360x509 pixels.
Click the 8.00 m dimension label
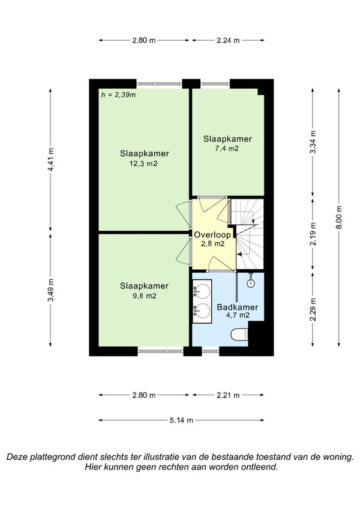point(339,217)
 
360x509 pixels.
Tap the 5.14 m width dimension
point(181,420)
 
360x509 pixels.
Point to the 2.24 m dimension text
point(228,40)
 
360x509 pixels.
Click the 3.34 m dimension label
point(313,142)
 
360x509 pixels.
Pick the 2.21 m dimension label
point(228,395)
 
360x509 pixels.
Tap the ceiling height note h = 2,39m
point(119,95)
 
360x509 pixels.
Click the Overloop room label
point(212,234)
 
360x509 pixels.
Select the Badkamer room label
point(238,307)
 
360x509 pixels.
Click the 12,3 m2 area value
point(143,164)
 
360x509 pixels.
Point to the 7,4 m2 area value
point(228,148)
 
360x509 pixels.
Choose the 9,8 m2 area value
point(145,296)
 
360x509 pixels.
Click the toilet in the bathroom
point(239,335)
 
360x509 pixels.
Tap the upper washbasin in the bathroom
point(202,291)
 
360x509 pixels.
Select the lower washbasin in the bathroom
point(202,311)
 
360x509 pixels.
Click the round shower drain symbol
point(251,284)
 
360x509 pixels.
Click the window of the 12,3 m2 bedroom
point(159,84)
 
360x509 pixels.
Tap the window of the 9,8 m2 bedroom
point(161,351)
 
